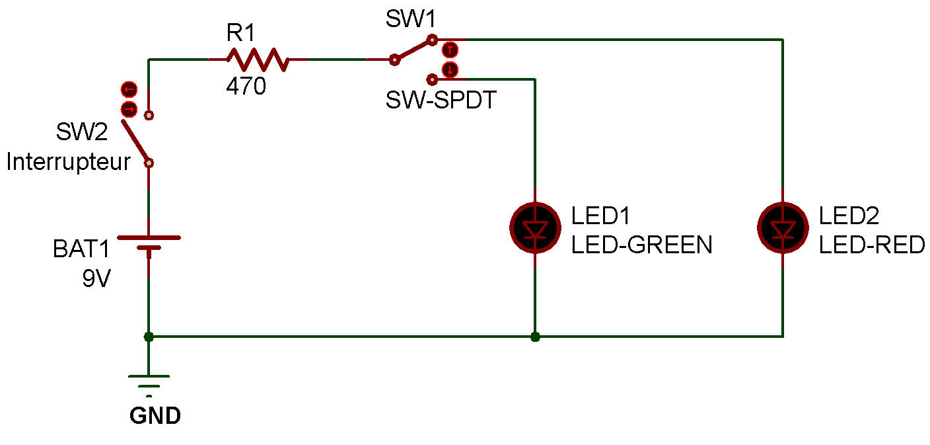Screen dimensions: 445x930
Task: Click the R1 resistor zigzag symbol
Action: [x=258, y=60]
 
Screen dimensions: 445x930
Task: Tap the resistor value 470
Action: [x=246, y=87]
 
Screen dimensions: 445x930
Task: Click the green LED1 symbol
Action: [x=535, y=227]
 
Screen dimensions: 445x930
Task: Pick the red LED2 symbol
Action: [x=783, y=227]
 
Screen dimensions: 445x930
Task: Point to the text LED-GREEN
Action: [x=641, y=245]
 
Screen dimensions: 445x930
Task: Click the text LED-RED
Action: [x=872, y=245]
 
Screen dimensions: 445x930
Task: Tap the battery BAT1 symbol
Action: [x=149, y=244]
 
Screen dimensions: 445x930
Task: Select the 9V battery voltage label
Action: [x=97, y=278]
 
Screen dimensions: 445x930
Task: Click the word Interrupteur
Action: [x=69, y=162]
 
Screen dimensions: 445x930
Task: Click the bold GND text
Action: [x=155, y=416]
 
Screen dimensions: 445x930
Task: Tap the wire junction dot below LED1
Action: [x=535, y=337]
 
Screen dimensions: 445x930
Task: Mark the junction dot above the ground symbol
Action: [x=149, y=337]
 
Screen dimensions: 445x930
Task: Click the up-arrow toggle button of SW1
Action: [x=450, y=49]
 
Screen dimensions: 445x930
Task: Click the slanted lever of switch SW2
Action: [x=136, y=140]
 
